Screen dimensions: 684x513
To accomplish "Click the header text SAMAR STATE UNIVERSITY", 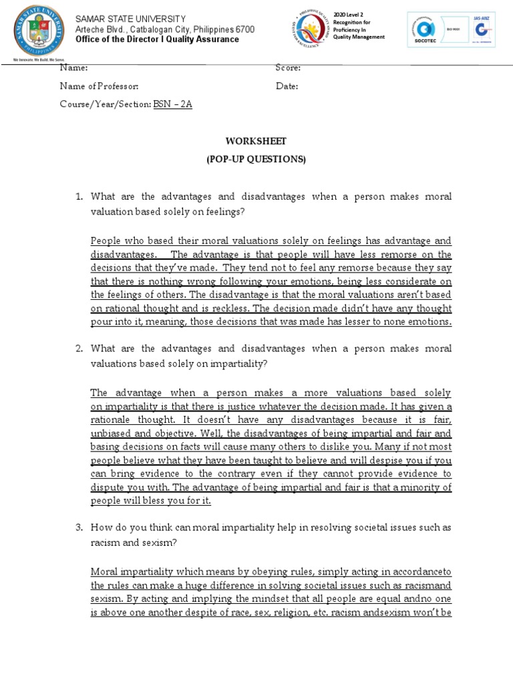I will (130, 19).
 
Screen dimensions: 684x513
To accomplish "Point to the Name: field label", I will (73, 67).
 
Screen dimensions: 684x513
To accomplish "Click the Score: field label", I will (288, 67).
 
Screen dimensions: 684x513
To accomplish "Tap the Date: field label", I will (287, 86).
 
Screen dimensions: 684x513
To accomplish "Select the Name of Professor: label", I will (100, 86).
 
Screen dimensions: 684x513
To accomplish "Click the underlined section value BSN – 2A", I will (172, 105).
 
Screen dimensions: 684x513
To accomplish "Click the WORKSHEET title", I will (256, 141).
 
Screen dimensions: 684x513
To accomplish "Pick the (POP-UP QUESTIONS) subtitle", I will (256, 159).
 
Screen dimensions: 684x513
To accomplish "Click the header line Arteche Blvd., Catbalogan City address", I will (164, 29).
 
